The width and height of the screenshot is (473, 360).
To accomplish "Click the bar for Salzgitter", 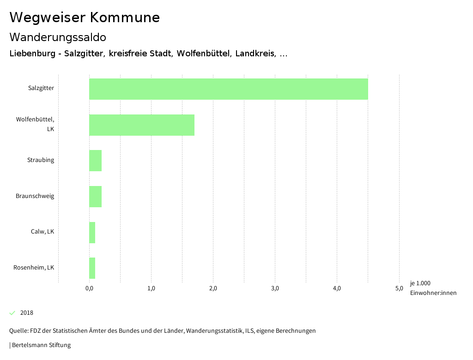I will [x=229, y=89].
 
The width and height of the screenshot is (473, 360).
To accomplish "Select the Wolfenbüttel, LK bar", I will [x=142, y=125].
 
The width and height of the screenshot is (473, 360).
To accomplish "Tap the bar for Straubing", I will [x=95, y=161].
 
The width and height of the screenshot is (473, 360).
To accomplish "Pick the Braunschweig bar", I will [x=95, y=196].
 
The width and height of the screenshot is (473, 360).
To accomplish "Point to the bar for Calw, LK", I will [x=92, y=232].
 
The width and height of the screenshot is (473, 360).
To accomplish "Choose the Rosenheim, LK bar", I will [x=92, y=268].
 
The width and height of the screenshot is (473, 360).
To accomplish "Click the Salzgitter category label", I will [x=41, y=88].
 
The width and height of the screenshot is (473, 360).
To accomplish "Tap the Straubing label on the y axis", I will [x=40, y=160].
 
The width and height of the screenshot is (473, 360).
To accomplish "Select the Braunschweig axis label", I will [x=35, y=196].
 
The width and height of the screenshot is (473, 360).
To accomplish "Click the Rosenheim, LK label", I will [x=34, y=268].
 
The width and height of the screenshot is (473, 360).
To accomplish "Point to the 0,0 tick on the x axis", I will [x=90, y=289].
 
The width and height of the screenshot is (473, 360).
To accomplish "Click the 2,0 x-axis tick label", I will [x=213, y=289].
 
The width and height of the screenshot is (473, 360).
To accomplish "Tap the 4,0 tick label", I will [x=337, y=289].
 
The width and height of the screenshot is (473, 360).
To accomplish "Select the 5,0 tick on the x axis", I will [x=399, y=289].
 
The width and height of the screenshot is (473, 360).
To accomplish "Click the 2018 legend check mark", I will [x=12, y=313].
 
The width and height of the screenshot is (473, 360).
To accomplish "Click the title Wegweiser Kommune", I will [x=85, y=18].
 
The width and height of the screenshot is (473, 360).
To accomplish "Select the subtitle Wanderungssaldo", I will [x=58, y=37].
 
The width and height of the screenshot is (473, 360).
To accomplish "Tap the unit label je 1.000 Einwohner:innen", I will [x=433, y=288].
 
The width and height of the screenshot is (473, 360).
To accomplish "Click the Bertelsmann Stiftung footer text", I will [x=41, y=345].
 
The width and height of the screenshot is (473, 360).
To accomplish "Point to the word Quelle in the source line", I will [x=18, y=331].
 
